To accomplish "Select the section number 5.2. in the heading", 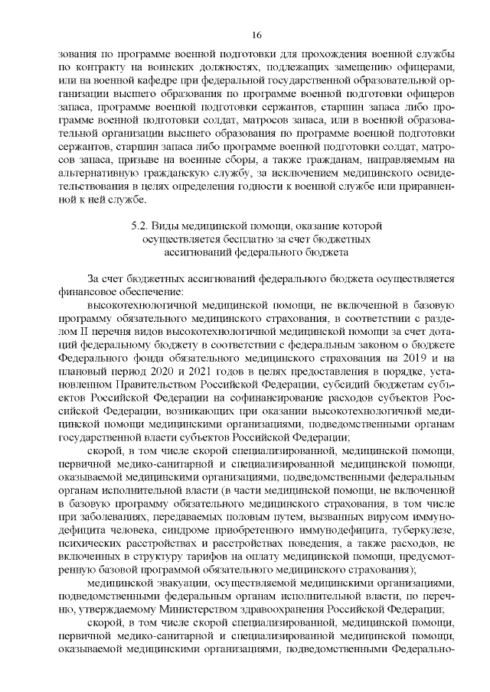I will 139,226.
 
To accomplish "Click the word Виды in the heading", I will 167,226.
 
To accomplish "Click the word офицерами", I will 427,67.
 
